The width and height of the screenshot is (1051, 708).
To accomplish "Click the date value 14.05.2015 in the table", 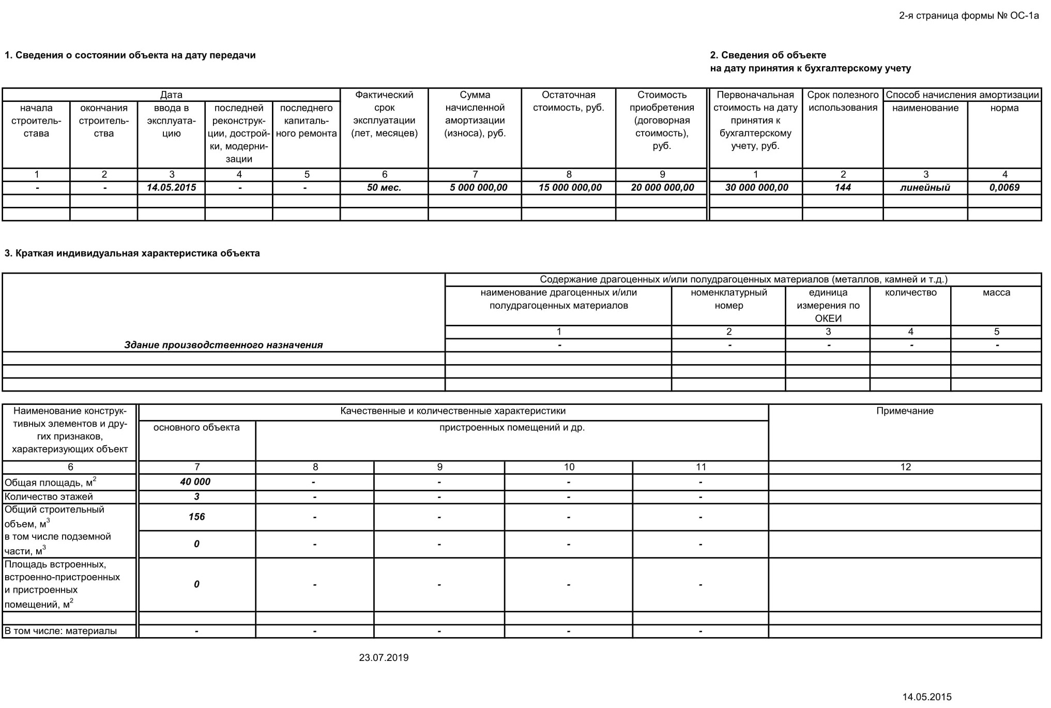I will coord(171,188).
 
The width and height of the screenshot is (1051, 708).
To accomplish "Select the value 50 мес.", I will coord(384,188).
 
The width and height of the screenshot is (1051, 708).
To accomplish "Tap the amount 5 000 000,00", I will coord(478,188).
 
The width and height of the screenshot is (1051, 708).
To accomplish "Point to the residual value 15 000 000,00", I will coord(570,188).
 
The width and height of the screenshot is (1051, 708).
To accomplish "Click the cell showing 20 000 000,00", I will coord(662,188).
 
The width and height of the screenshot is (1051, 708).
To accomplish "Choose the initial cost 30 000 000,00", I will coord(756,188).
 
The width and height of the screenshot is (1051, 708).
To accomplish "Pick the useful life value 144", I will coord(843,188).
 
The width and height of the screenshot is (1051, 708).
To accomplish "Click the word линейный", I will coord(925,188).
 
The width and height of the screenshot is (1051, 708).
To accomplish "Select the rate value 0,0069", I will coord(1004,188).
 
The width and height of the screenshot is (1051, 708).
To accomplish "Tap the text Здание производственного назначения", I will coord(223,345).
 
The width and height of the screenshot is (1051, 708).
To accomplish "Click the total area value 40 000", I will coord(195,482).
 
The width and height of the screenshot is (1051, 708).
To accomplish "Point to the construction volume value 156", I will coord(196,517).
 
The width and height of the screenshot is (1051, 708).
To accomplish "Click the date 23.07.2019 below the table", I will coord(384,658).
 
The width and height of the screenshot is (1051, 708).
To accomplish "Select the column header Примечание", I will coord(905,411).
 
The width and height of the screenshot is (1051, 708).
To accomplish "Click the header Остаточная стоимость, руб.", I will coord(568,101).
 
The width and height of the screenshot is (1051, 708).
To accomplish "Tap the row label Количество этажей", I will coord(49,497).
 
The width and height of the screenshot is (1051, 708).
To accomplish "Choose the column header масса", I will coord(996,293).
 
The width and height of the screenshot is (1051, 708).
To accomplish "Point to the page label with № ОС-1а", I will coord(968,16).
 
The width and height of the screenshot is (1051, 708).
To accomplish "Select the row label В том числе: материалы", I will coord(60,631).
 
